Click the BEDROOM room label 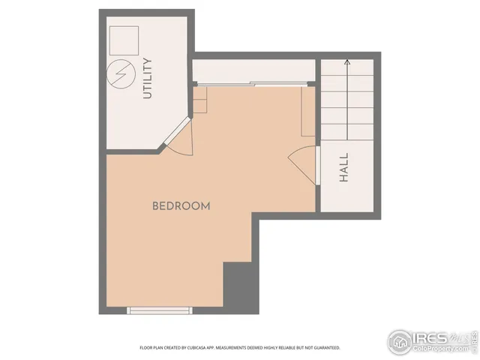coord(181,205)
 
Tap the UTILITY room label coord(147,78)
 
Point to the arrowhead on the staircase coord(347,64)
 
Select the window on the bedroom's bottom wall coord(160,310)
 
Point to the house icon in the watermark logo coord(400,341)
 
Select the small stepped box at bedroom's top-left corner coord(199,100)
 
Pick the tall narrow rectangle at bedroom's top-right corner coord(307,111)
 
